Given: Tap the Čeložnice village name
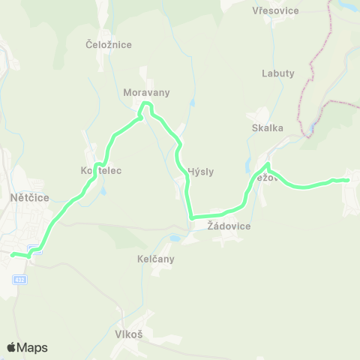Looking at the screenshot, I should pos(109,45).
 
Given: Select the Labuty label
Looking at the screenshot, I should pos(278,73).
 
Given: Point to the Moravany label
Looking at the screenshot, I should pos(147,93).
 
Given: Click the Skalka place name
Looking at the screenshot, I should pos(268,127).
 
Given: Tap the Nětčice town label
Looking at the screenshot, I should pos(31,197).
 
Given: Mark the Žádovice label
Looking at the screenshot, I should pos(229,226).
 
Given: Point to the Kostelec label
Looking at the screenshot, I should pos(101,171).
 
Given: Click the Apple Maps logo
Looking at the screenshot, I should pos(27,347).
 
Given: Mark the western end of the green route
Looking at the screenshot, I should pos(13,254).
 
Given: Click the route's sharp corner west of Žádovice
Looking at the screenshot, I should pos(192,217).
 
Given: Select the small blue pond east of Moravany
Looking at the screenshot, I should pos(193,102).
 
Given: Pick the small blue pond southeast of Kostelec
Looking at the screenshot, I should pos(103,190).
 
